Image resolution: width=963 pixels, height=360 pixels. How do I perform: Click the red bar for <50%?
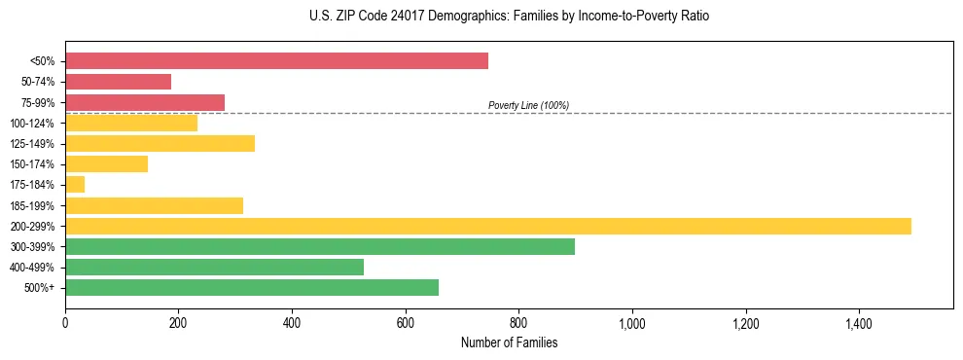pos(276,61)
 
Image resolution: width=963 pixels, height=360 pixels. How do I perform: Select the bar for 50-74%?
pos(118,82)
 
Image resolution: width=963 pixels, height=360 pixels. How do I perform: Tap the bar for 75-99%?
pos(145,102)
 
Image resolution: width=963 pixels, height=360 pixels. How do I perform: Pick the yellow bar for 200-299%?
pos(487,226)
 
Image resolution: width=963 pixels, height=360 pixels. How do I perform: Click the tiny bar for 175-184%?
pos(75,184)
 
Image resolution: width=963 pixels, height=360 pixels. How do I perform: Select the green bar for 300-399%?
pos(319,246)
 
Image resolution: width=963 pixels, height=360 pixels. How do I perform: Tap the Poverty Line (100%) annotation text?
pos(528,105)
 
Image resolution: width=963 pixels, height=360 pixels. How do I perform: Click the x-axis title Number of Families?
pos(509,342)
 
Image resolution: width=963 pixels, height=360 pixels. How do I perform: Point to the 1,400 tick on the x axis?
pos(859,322)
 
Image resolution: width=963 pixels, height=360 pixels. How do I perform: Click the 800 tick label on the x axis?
pos(518,322)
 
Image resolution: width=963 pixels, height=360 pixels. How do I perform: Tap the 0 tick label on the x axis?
pos(65,322)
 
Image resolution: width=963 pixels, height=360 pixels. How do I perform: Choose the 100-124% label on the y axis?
pos(33,124)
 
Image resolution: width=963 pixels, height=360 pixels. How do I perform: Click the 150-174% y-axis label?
pos(33,164)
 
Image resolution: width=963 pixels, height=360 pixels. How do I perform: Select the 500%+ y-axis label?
pos(40,288)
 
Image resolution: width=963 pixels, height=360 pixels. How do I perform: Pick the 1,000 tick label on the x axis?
pos(632,322)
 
